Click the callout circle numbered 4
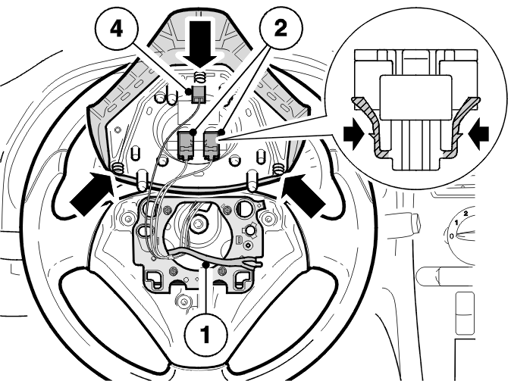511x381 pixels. pos(117,30)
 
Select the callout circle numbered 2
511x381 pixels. pos(281,29)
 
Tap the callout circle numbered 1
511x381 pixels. pos(205,333)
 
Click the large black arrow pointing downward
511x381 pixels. pos(199,44)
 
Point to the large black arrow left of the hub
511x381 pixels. pos(90,194)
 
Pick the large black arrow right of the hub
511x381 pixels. pos(304,195)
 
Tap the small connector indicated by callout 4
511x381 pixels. pos(198,95)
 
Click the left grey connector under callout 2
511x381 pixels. pos(187,144)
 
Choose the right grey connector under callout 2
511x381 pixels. pos(212,144)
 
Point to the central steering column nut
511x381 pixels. pos(197,223)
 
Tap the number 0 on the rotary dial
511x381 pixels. pos(451,235)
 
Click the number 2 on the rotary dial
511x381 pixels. pos(466,214)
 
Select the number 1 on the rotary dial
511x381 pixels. pos(456,222)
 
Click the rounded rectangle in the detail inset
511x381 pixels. pos(415,97)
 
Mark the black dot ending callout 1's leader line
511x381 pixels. pos(205,265)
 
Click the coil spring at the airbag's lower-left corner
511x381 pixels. pos(118,169)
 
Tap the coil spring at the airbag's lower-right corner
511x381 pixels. pos(277,169)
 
